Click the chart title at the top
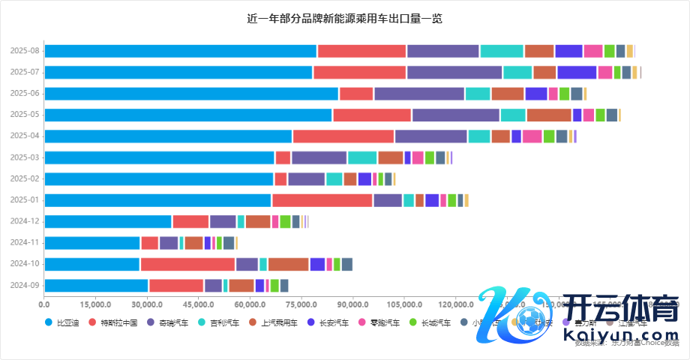click(x=344, y=18)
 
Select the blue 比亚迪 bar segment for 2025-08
click(x=180, y=51)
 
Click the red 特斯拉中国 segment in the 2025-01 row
click(x=322, y=200)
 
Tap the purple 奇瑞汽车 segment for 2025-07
click(x=454, y=72)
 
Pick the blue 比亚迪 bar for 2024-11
click(x=92, y=243)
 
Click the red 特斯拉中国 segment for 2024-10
click(x=187, y=264)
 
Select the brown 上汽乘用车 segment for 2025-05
click(x=548, y=115)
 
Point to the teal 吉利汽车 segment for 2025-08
click(x=501, y=51)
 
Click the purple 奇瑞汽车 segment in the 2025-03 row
click(x=319, y=157)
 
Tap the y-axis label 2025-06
click(x=25, y=93)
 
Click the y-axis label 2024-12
click(x=25, y=221)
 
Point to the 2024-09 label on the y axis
click(x=25, y=285)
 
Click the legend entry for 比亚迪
click(x=62, y=322)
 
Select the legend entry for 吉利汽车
click(x=219, y=322)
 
